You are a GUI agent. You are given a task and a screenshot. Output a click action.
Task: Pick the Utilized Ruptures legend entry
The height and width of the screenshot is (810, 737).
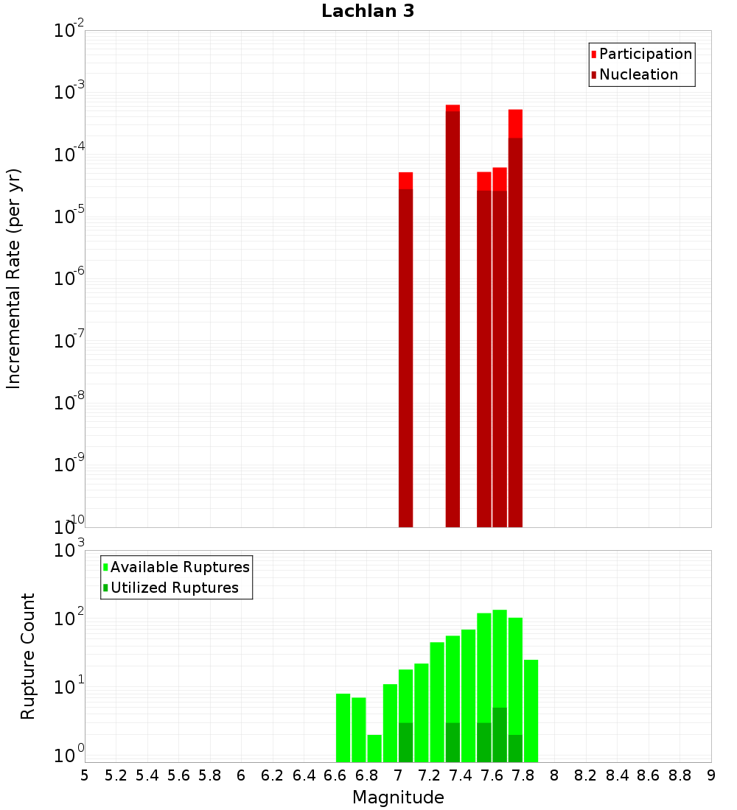[x=174, y=588]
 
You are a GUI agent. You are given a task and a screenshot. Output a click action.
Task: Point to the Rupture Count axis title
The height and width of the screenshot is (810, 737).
[x=28, y=656]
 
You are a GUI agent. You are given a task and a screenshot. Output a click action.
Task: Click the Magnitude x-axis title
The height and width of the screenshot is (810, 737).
[x=398, y=797]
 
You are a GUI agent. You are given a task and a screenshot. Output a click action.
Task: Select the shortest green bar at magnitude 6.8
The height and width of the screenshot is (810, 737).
[x=374, y=748]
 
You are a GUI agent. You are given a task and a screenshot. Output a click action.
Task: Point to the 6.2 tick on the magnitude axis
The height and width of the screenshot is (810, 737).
[x=273, y=775]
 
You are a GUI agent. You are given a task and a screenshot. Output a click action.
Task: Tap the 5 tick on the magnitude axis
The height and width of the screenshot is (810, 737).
[x=85, y=775]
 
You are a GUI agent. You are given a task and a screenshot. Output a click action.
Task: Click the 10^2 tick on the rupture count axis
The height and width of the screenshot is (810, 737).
[x=69, y=619]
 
